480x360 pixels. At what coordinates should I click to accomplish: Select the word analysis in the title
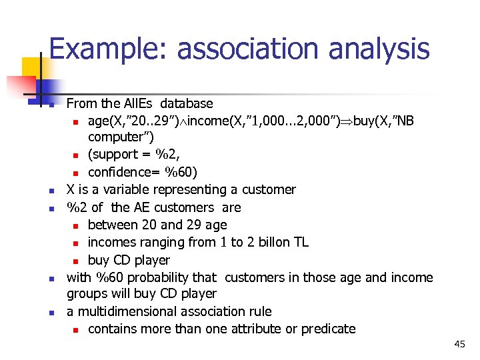pyautogui.click(x=382, y=49)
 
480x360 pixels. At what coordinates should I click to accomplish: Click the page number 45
pyautogui.click(x=459, y=344)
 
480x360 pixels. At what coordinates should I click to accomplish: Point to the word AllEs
pyautogui.click(x=141, y=103)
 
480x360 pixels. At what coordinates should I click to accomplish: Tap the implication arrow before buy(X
pyautogui.click(x=346, y=121)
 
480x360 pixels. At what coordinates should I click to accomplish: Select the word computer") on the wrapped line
pyautogui.click(x=121, y=137)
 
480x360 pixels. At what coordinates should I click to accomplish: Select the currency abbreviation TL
pyautogui.click(x=301, y=242)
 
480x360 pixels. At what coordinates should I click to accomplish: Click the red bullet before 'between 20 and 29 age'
pyautogui.click(x=77, y=225)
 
